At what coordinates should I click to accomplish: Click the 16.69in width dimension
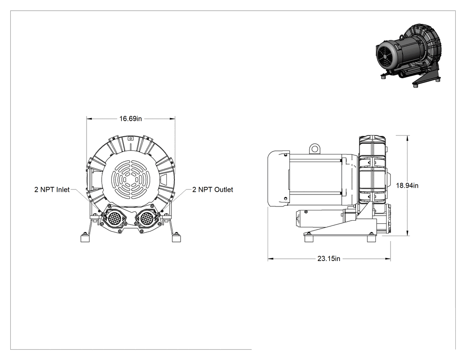click(131, 119)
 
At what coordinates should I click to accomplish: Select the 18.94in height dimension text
click(407, 186)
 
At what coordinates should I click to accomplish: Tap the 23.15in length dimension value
click(329, 259)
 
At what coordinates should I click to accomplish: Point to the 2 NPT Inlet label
click(52, 190)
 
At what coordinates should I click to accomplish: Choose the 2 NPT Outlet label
click(213, 190)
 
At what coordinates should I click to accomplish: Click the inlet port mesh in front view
click(115, 219)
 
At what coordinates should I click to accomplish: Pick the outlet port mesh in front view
click(146, 219)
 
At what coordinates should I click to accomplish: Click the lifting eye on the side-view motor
click(314, 148)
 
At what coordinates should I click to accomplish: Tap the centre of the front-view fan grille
click(130, 180)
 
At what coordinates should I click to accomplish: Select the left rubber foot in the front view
click(85, 238)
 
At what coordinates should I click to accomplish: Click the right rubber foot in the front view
click(176, 238)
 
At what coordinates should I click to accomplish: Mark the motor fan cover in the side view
click(278, 178)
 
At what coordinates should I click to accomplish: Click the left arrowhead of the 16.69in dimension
click(89, 119)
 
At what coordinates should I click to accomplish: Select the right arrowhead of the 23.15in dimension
click(388, 259)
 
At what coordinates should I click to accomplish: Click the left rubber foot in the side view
click(308, 238)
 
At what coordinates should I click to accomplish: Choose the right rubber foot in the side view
click(371, 238)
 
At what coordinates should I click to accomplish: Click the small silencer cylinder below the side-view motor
click(320, 219)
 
